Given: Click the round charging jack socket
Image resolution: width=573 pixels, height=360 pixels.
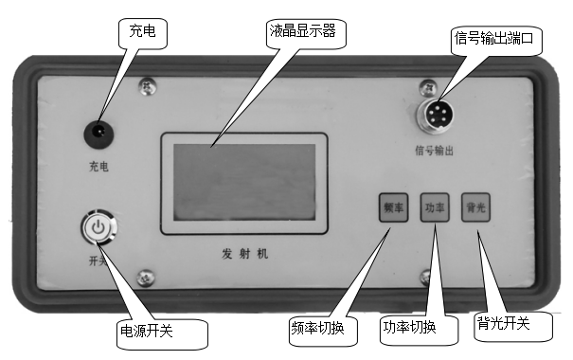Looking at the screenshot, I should pos(97,135).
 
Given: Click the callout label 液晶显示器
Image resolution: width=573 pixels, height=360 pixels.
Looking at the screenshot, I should pos(301,33).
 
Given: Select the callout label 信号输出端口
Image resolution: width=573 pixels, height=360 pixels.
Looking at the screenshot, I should pos(498,39).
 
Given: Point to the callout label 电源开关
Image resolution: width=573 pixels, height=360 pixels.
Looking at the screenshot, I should pos(160,333).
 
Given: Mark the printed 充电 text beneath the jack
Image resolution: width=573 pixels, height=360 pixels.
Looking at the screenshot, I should pos(97,168).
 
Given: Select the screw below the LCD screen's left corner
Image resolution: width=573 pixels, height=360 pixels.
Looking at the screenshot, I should pos(145,278).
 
